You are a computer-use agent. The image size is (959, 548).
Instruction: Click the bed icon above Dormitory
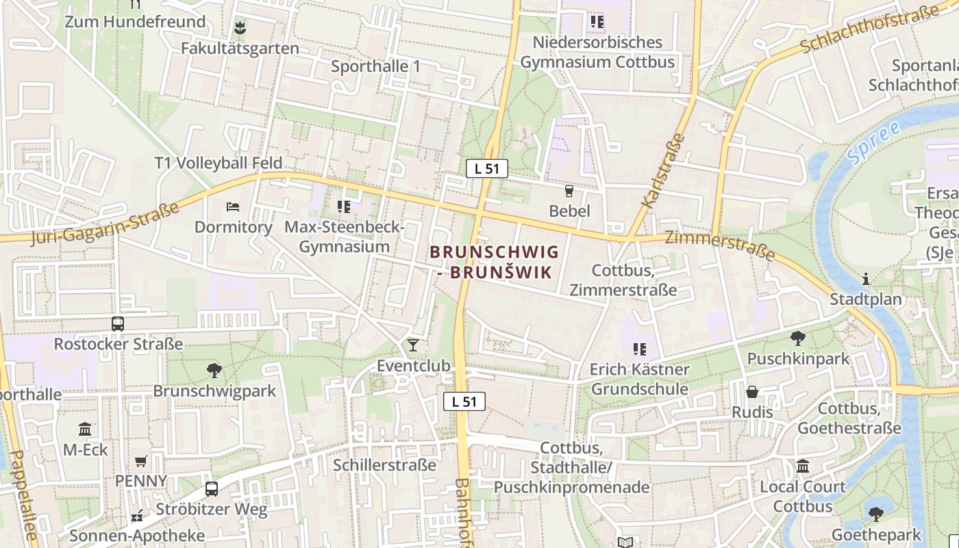point(233,206)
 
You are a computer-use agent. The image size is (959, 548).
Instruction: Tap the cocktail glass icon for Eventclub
point(412,345)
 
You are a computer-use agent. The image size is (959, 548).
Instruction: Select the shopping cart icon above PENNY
point(140,461)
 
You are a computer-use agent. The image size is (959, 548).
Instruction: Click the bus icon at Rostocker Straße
point(118,324)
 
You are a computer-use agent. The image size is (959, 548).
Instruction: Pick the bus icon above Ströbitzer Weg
point(212,489)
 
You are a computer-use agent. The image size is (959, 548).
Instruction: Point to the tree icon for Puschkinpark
point(797,338)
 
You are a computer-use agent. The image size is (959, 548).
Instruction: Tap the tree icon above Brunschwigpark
point(214,371)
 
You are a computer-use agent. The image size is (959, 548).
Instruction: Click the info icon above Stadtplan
point(866,279)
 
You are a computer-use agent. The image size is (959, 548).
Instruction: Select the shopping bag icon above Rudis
point(752,392)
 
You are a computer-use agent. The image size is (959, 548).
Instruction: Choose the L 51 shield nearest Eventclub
point(464,402)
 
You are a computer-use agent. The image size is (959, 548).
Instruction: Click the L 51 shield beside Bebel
point(486,169)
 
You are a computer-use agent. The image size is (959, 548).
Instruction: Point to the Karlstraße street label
point(663,171)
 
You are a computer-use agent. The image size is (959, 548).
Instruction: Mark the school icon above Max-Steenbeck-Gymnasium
point(344,206)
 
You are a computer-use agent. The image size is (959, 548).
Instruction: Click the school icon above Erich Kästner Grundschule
point(640,349)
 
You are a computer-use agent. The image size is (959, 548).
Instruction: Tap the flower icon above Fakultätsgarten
point(240,28)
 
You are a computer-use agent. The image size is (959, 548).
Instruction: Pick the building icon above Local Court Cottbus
point(802,466)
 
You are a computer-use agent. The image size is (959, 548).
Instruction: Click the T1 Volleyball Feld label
point(218,163)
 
